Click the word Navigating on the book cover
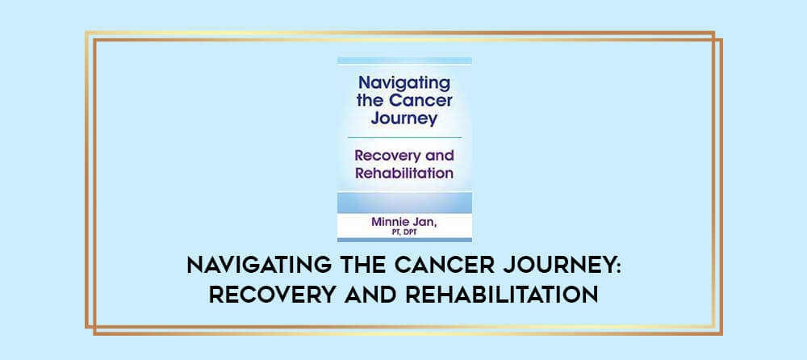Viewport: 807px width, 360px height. coord(404,83)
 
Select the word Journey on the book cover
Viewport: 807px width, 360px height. coord(404,119)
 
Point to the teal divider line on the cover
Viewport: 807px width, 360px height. coord(404,137)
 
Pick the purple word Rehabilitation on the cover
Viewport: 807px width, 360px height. coord(404,173)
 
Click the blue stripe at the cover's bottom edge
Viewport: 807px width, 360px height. coord(404,240)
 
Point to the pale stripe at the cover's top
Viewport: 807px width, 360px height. coord(404,61)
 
